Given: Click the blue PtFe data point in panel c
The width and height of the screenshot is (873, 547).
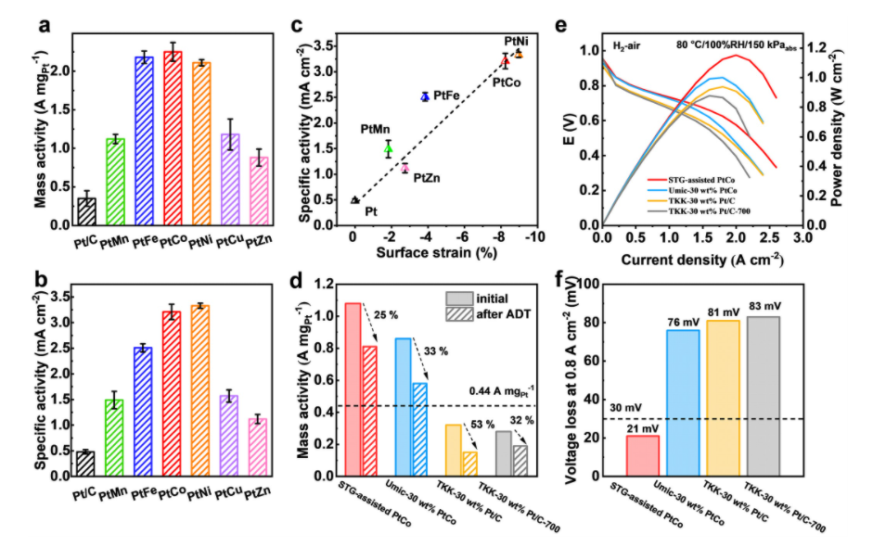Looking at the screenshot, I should tap(425, 96).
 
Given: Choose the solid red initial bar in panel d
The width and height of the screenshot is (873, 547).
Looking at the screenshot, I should tap(353, 389).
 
